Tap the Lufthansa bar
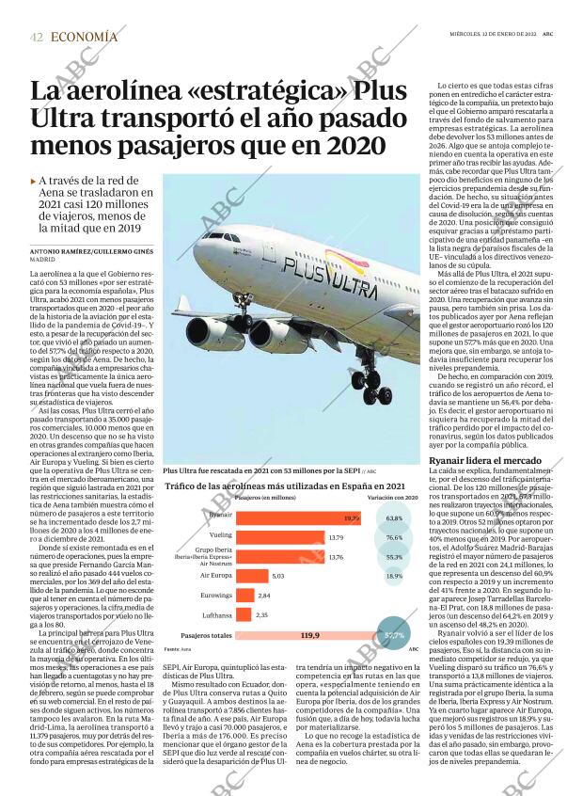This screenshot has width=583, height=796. click(241, 614)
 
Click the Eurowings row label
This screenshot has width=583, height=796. click(217, 596)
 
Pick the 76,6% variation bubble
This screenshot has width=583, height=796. click(394, 537)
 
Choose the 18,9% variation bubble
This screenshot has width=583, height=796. click(394, 575)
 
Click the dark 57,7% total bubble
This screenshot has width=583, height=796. click(394, 636)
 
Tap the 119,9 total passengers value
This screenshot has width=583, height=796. click(310, 636)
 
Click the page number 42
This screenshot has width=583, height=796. click(37, 37)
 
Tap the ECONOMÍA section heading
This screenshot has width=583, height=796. click(85, 37)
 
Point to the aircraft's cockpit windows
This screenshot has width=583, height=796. click(215, 235)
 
